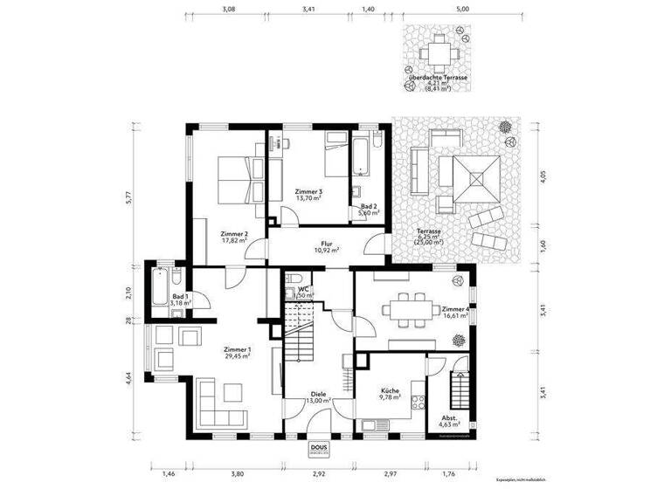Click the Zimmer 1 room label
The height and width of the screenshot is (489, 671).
click(235, 352)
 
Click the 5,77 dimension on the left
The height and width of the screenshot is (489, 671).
click(128, 197)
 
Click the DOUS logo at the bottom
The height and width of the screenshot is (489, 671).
click(319, 449)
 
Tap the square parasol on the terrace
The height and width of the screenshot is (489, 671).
click(476, 180)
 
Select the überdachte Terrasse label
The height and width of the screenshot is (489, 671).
click(437, 79)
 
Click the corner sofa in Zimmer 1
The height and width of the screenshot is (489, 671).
click(220, 400)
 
